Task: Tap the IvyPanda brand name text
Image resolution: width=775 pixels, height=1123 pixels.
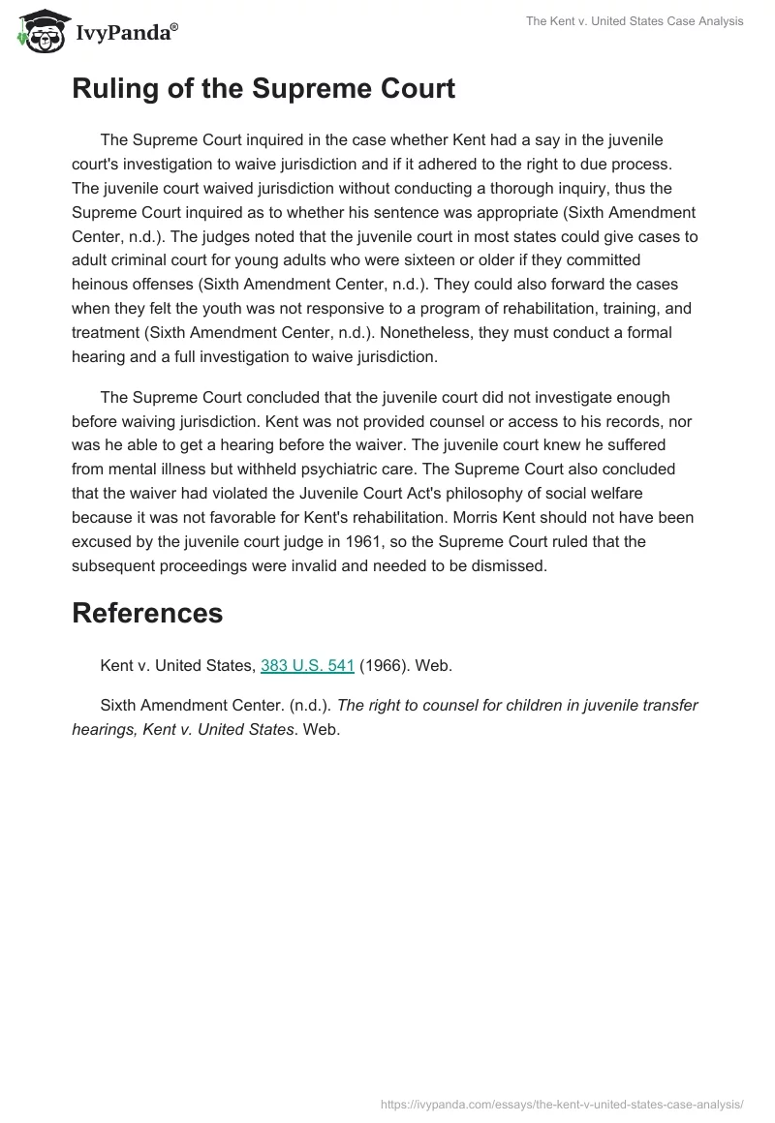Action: [126, 33]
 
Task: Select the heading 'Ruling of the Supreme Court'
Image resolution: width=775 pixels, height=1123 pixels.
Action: [263, 90]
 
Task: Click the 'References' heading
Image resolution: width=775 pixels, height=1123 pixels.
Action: [147, 613]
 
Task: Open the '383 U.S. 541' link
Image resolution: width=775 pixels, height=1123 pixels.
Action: [307, 665]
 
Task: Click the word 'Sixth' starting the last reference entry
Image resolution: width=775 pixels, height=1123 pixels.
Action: [118, 705]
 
